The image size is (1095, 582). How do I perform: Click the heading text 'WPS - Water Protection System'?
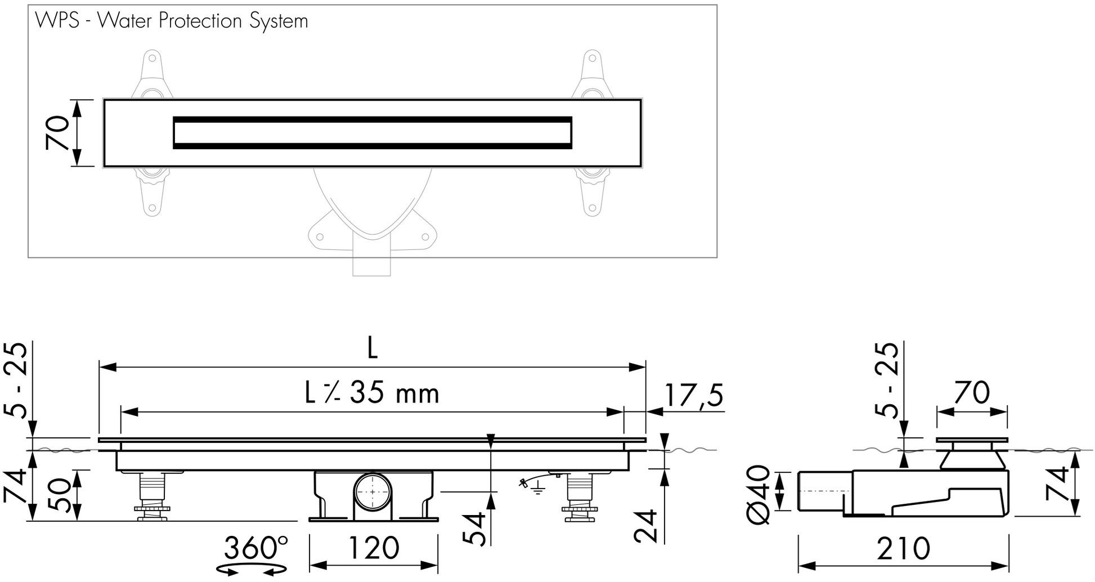coord(172,21)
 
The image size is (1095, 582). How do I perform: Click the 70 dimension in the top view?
coord(58,133)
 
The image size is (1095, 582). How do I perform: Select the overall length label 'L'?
coord(372,350)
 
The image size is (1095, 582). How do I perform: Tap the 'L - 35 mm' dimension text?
coord(372,393)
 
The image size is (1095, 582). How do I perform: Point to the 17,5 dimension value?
coord(693,395)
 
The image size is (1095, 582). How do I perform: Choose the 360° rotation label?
coord(256,547)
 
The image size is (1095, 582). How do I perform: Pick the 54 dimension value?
coord(474,529)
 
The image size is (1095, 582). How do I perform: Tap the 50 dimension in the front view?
coord(59,495)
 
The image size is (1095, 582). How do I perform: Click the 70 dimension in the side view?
coord(972,393)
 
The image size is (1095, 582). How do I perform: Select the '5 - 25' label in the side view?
coord(887,380)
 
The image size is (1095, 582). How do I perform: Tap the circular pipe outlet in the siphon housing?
coord(373,492)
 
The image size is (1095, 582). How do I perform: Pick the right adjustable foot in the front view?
coord(580,498)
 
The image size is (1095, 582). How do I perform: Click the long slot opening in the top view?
coord(372,133)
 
